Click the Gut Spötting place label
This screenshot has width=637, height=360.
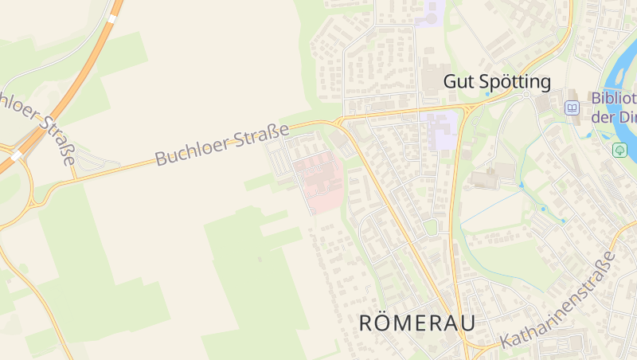(x=497, y=81)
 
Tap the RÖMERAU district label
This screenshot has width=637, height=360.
(x=417, y=323)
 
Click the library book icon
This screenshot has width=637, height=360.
(x=572, y=108)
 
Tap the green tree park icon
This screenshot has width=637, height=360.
(x=620, y=150)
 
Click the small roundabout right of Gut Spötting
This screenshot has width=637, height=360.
(x=526, y=95)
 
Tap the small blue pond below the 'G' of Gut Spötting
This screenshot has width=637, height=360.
(x=487, y=94)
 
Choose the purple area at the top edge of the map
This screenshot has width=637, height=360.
(x=430, y=14)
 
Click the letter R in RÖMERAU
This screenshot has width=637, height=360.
(x=367, y=323)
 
